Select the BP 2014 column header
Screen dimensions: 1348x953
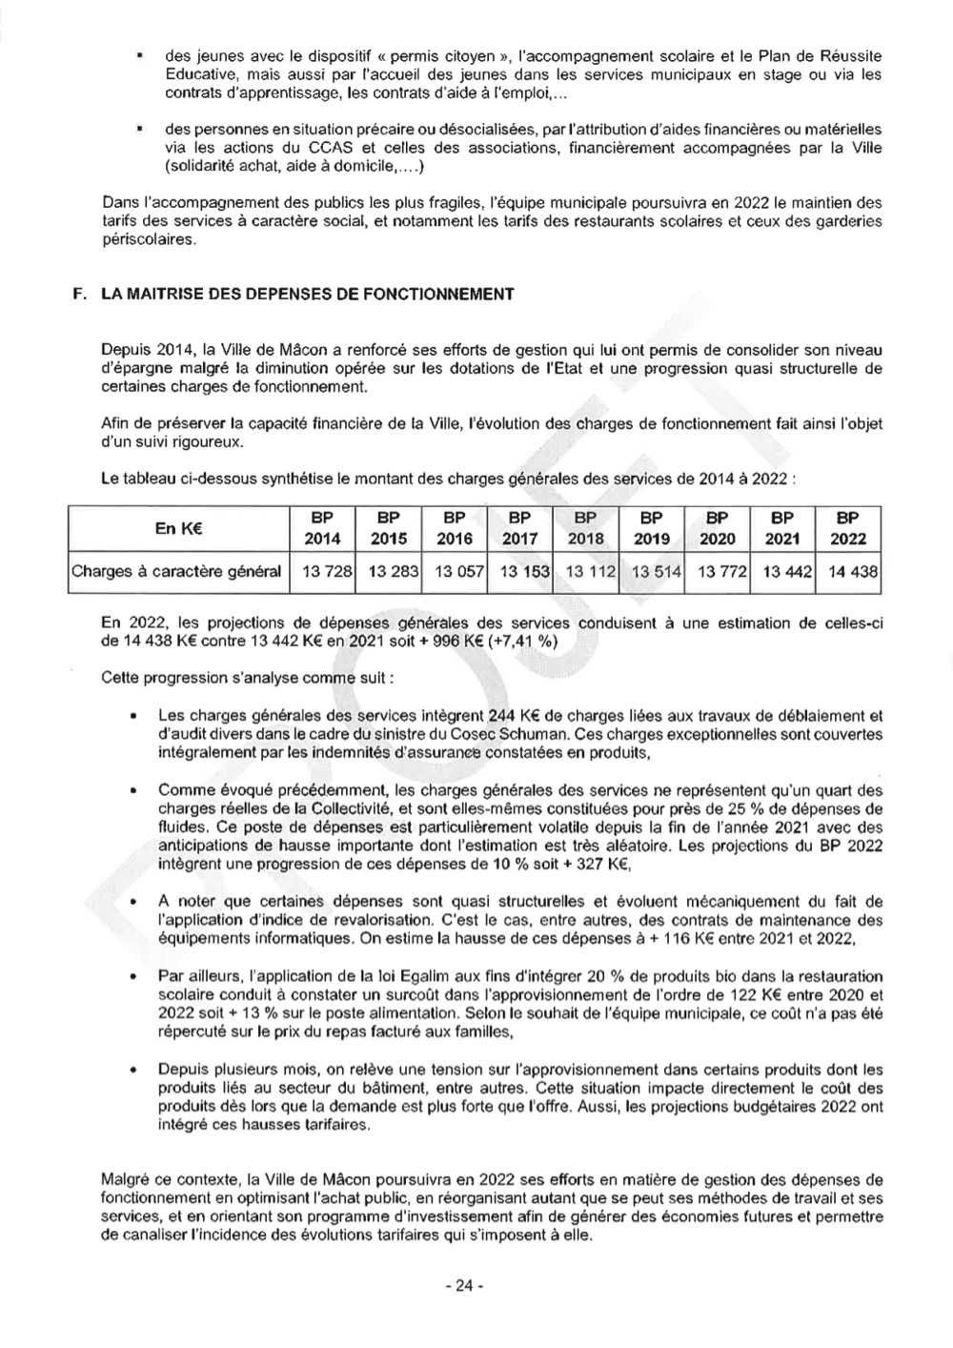(321, 528)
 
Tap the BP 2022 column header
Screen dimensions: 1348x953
(847, 528)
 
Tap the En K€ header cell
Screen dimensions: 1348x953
(177, 528)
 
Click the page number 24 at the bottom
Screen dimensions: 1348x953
(465, 1285)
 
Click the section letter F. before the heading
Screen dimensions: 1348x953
(79, 294)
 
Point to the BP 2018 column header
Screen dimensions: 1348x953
(585, 528)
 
